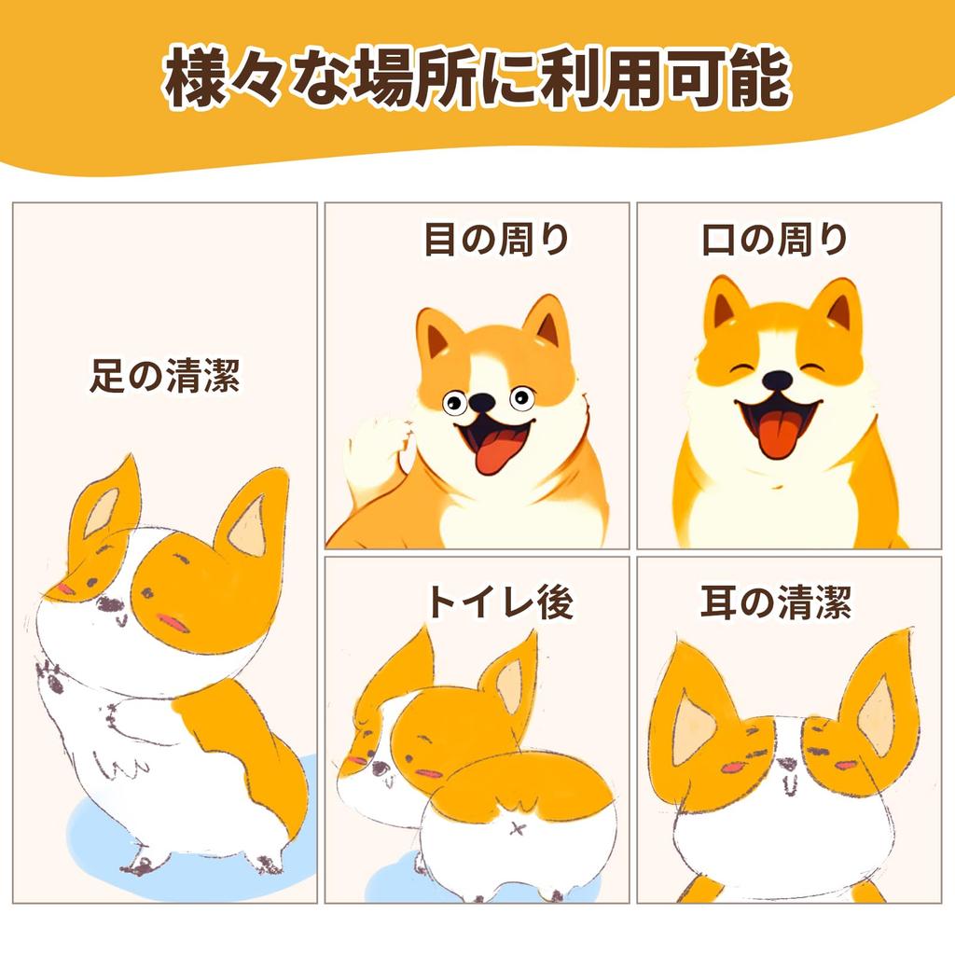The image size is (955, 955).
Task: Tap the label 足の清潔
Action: pyautogui.click(x=165, y=378)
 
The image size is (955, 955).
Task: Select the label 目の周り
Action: pyautogui.click(x=496, y=241)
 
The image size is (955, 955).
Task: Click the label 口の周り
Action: pyautogui.click(x=775, y=241)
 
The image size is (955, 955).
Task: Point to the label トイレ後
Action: pyautogui.click(x=499, y=602)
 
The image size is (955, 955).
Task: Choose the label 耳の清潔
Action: pyautogui.click(x=775, y=602)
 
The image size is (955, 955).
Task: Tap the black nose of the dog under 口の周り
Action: pyautogui.click(x=777, y=380)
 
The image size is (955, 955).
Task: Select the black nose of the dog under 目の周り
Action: pyautogui.click(x=481, y=402)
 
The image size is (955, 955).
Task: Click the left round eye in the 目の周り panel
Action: pyautogui.click(x=454, y=403)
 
